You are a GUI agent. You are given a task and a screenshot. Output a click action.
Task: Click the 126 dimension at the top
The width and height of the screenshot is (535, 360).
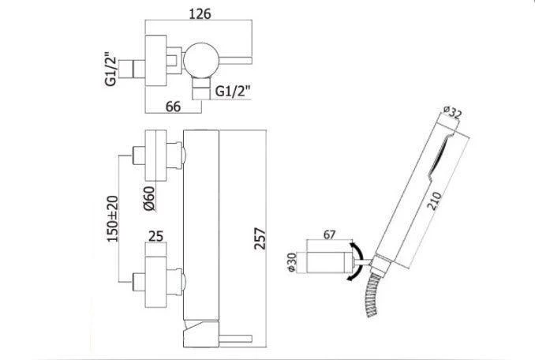[x=200, y=13]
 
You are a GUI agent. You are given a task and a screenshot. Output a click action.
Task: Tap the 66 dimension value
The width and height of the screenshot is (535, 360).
[x=173, y=107]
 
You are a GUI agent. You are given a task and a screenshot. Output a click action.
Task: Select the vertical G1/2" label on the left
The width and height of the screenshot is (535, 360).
[x=111, y=69]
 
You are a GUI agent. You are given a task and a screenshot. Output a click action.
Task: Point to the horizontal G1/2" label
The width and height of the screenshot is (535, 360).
[x=233, y=91]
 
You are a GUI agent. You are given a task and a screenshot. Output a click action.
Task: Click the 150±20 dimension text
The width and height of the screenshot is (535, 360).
[x=113, y=219]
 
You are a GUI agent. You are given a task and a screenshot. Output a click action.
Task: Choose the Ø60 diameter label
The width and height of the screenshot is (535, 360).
[x=149, y=198]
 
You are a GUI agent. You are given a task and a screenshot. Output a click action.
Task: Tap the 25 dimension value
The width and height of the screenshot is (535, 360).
[x=156, y=236]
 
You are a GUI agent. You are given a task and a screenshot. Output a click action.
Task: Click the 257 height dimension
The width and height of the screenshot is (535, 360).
[x=260, y=239]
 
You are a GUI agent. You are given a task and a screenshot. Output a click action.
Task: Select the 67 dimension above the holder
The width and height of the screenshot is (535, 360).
[x=329, y=234]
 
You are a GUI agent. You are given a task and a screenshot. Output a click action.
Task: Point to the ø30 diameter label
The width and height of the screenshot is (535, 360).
[x=292, y=262]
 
